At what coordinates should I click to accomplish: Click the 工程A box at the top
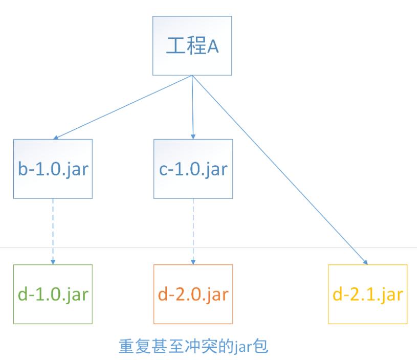tap(192, 46)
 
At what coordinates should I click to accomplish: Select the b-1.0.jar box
tap(53, 169)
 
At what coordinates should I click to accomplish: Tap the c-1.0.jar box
tap(193, 169)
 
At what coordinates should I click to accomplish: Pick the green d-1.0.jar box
tap(53, 294)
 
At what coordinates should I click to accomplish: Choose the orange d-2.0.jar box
tap(193, 294)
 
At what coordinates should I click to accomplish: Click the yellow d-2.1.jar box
tap(368, 294)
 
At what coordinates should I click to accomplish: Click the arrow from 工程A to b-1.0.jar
tap(123, 107)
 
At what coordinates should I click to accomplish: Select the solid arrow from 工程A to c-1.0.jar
tap(192, 107)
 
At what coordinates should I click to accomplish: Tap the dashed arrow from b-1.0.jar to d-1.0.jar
tap(53, 230)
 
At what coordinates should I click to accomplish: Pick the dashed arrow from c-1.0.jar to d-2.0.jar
tap(193, 230)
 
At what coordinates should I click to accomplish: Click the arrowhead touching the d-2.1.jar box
tap(365, 261)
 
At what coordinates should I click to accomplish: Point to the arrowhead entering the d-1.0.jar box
tap(53, 261)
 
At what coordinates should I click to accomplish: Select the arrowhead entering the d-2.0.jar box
tap(193, 261)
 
